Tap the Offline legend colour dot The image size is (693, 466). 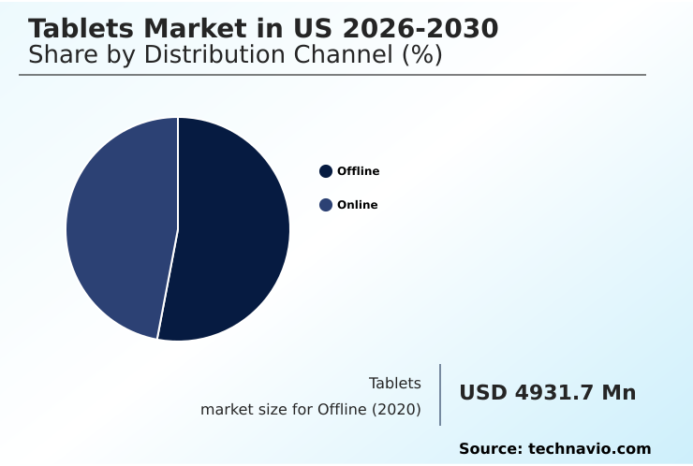click(x=326, y=171)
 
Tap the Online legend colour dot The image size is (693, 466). click(x=326, y=205)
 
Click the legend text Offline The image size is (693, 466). click(x=359, y=171)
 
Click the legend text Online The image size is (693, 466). click(x=358, y=205)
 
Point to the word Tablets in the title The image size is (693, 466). click(x=79, y=29)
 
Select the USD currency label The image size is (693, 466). click(x=483, y=393)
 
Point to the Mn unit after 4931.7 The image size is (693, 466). click(x=619, y=393)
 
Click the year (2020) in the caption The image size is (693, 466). click(x=398, y=410)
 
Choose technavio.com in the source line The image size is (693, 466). click(x=590, y=449)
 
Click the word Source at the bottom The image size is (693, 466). click(x=490, y=449)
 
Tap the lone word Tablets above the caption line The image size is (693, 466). click(x=394, y=383)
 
